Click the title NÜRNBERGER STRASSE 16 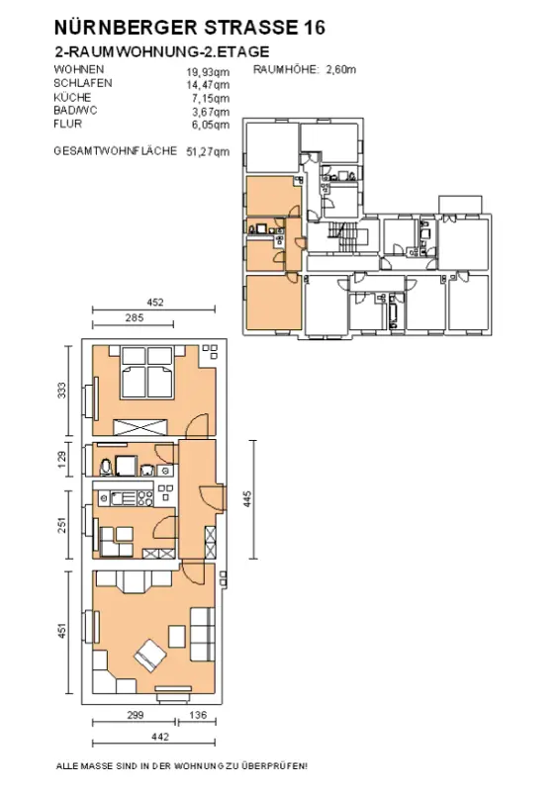tap(189, 28)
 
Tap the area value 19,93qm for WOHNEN tap(208, 72)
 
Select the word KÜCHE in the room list tap(72, 97)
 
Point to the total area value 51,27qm tap(208, 151)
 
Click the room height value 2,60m tap(340, 69)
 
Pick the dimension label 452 tap(155, 303)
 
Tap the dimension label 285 tap(134, 317)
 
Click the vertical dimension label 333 tap(61, 391)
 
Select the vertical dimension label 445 tap(247, 499)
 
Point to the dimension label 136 tap(198, 715)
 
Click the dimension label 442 tap(160, 737)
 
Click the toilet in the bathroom tap(106, 467)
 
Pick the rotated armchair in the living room tap(150, 656)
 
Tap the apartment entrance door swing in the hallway tap(211, 497)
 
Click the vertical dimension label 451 tap(61, 631)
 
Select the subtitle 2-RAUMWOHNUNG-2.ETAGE tap(161, 52)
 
